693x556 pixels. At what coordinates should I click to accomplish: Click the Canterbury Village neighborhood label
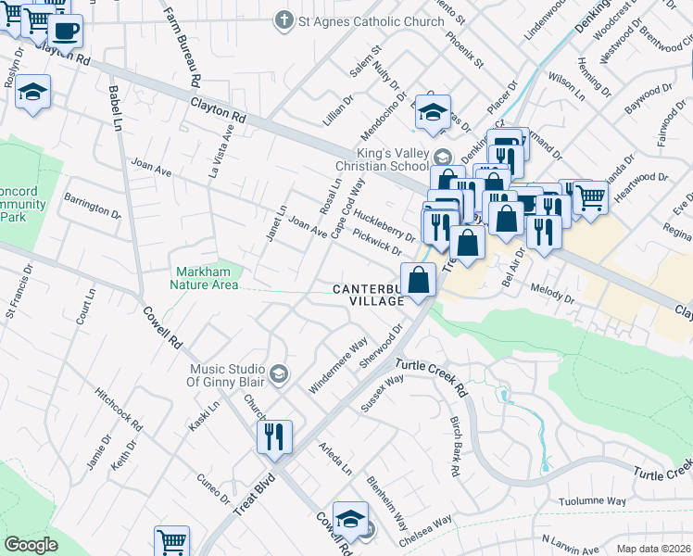click(370, 295)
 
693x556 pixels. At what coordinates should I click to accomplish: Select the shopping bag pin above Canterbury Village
click(418, 278)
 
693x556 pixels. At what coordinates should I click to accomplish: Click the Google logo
click(31, 545)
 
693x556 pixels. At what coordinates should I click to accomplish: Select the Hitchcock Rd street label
click(119, 411)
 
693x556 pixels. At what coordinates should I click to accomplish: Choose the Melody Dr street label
click(553, 292)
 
